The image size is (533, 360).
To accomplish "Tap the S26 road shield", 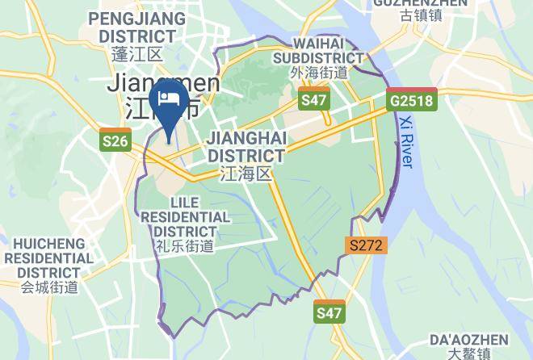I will (115, 141).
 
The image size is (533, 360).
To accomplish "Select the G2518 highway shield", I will (411, 101).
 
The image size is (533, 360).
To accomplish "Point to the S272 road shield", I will (367, 244).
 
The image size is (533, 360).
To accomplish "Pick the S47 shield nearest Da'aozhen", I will (329, 312).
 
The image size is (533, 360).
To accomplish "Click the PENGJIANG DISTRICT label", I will (132, 27).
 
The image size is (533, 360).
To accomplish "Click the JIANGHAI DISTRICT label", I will (246, 146).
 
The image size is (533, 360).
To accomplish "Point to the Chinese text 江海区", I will (246, 174).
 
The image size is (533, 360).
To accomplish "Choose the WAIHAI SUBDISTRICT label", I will (317, 50).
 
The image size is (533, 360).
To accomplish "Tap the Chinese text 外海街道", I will (318, 73).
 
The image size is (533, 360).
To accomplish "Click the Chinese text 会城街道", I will (50, 287).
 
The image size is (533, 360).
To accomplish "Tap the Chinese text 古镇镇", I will (419, 15).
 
